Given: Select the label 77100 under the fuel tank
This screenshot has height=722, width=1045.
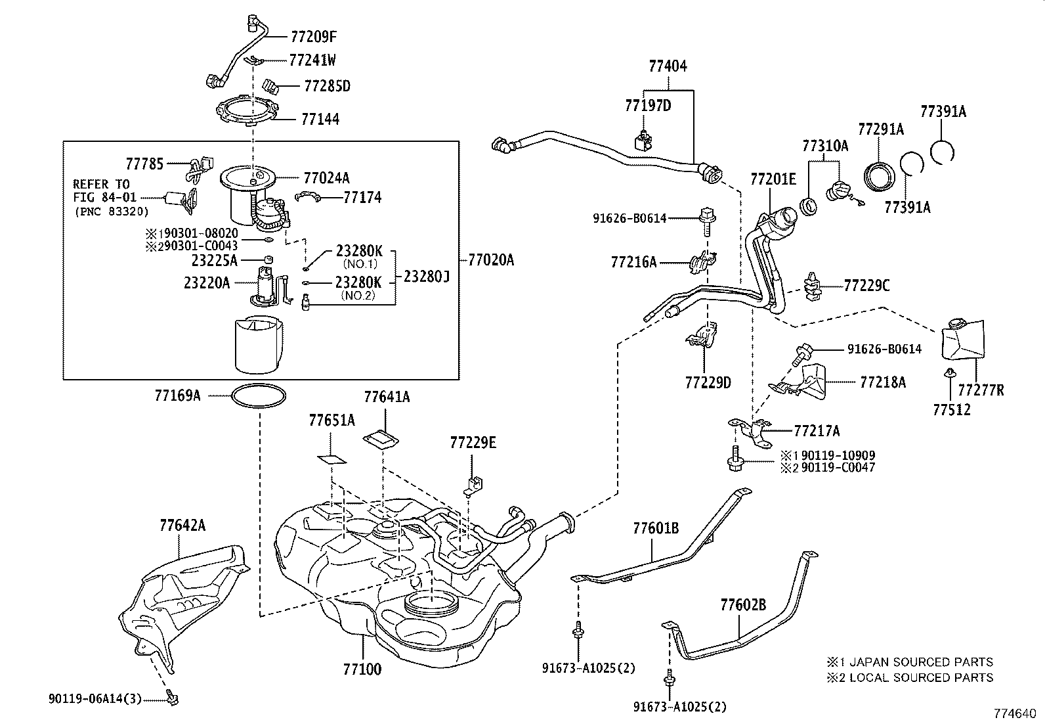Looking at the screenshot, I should click(x=362, y=669).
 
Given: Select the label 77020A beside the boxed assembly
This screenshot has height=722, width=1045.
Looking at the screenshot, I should click(x=491, y=260).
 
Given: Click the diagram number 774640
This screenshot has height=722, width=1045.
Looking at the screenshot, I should click(x=1015, y=712).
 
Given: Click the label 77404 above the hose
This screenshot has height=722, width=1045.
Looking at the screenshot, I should click(x=668, y=66).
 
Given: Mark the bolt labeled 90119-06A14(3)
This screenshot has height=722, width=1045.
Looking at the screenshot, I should click(x=173, y=698).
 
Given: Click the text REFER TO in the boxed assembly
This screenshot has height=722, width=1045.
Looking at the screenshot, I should click(x=101, y=184).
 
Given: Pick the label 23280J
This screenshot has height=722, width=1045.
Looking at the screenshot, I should click(x=426, y=276).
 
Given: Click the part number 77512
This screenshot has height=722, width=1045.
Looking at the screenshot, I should click(x=952, y=409).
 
